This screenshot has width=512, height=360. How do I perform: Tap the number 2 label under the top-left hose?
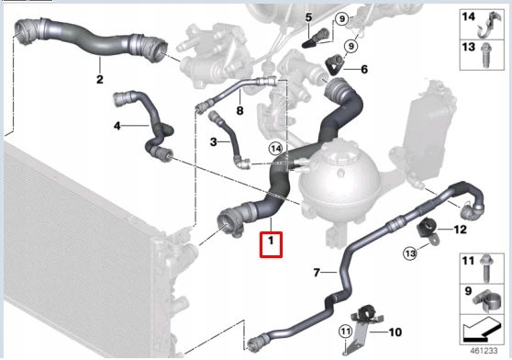tap(100, 79)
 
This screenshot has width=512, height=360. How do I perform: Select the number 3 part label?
tap(213, 141)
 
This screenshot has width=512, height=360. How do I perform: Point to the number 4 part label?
tap(117, 125)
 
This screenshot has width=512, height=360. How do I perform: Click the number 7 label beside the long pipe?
tap(317, 273)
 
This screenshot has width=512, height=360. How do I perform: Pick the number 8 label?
tap(239, 110)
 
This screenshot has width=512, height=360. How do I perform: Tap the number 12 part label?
tap(461, 229)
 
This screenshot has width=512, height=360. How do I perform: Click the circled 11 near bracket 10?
tap(346, 332)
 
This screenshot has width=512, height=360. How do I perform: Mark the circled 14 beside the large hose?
tap(274, 148)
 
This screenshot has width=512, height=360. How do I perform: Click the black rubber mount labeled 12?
tap(427, 228)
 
